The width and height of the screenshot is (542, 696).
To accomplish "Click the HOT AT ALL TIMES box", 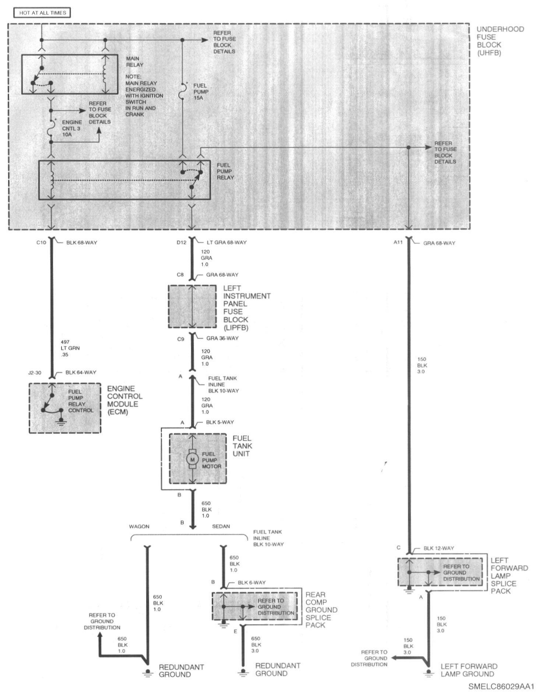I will tap(42, 13).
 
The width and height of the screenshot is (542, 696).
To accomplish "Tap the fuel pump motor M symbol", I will tap(192, 459).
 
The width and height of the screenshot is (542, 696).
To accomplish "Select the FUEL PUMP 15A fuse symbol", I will tap(182, 91).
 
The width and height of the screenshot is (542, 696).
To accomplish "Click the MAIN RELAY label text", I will tap(134, 61).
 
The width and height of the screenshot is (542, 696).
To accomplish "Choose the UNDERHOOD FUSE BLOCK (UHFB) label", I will tap(500, 41).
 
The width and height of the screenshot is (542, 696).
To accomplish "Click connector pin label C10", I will tap(41, 243).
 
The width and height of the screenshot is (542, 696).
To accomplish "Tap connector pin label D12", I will tap(182, 242).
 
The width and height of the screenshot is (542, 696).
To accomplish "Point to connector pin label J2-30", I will tap(35, 373).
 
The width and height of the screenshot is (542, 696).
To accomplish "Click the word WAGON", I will tap(139, 526).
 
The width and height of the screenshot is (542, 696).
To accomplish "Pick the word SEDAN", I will tap(221, 526).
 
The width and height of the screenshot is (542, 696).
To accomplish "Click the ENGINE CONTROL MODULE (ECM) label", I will tap(124, 400).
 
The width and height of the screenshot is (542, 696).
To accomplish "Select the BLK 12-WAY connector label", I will tap(439, 548).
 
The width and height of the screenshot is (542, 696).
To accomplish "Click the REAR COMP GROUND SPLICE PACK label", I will tap(321, 610).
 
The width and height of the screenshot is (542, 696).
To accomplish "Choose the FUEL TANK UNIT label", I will tap(242, 446).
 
